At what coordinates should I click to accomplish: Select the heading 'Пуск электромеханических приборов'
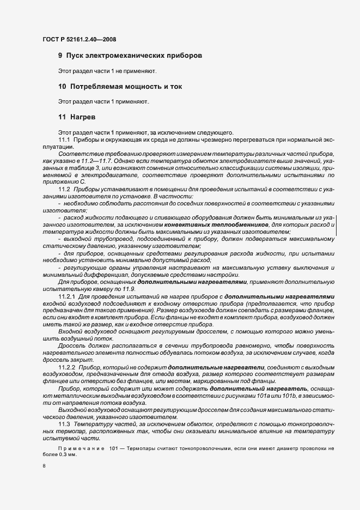134,56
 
